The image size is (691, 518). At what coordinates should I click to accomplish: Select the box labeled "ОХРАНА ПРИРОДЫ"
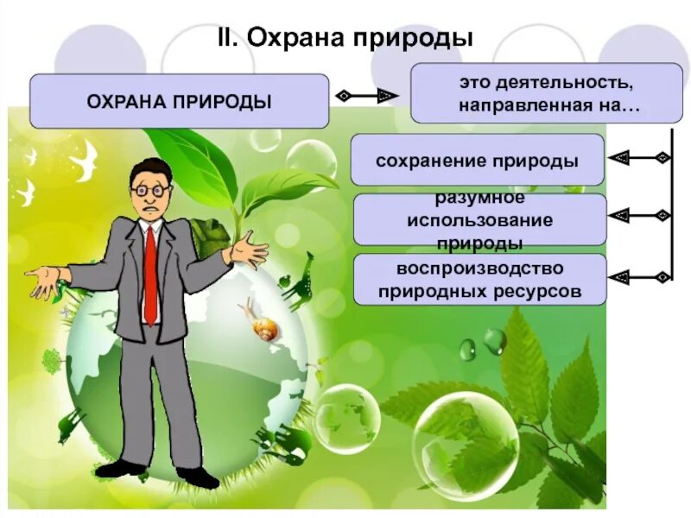(180, 101)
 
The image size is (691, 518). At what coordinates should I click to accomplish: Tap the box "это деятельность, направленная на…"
(533, 93)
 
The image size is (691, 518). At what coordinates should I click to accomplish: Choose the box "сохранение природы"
(477, 161)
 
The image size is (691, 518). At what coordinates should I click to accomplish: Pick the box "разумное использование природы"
(479, 220)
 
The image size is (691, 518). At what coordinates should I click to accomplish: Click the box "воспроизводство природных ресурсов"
(479, 279)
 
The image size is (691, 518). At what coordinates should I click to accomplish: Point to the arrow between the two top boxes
(369, 95)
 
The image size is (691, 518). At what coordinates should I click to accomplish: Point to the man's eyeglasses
(150, 187)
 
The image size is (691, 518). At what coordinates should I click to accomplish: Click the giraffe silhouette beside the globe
(297, 281)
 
